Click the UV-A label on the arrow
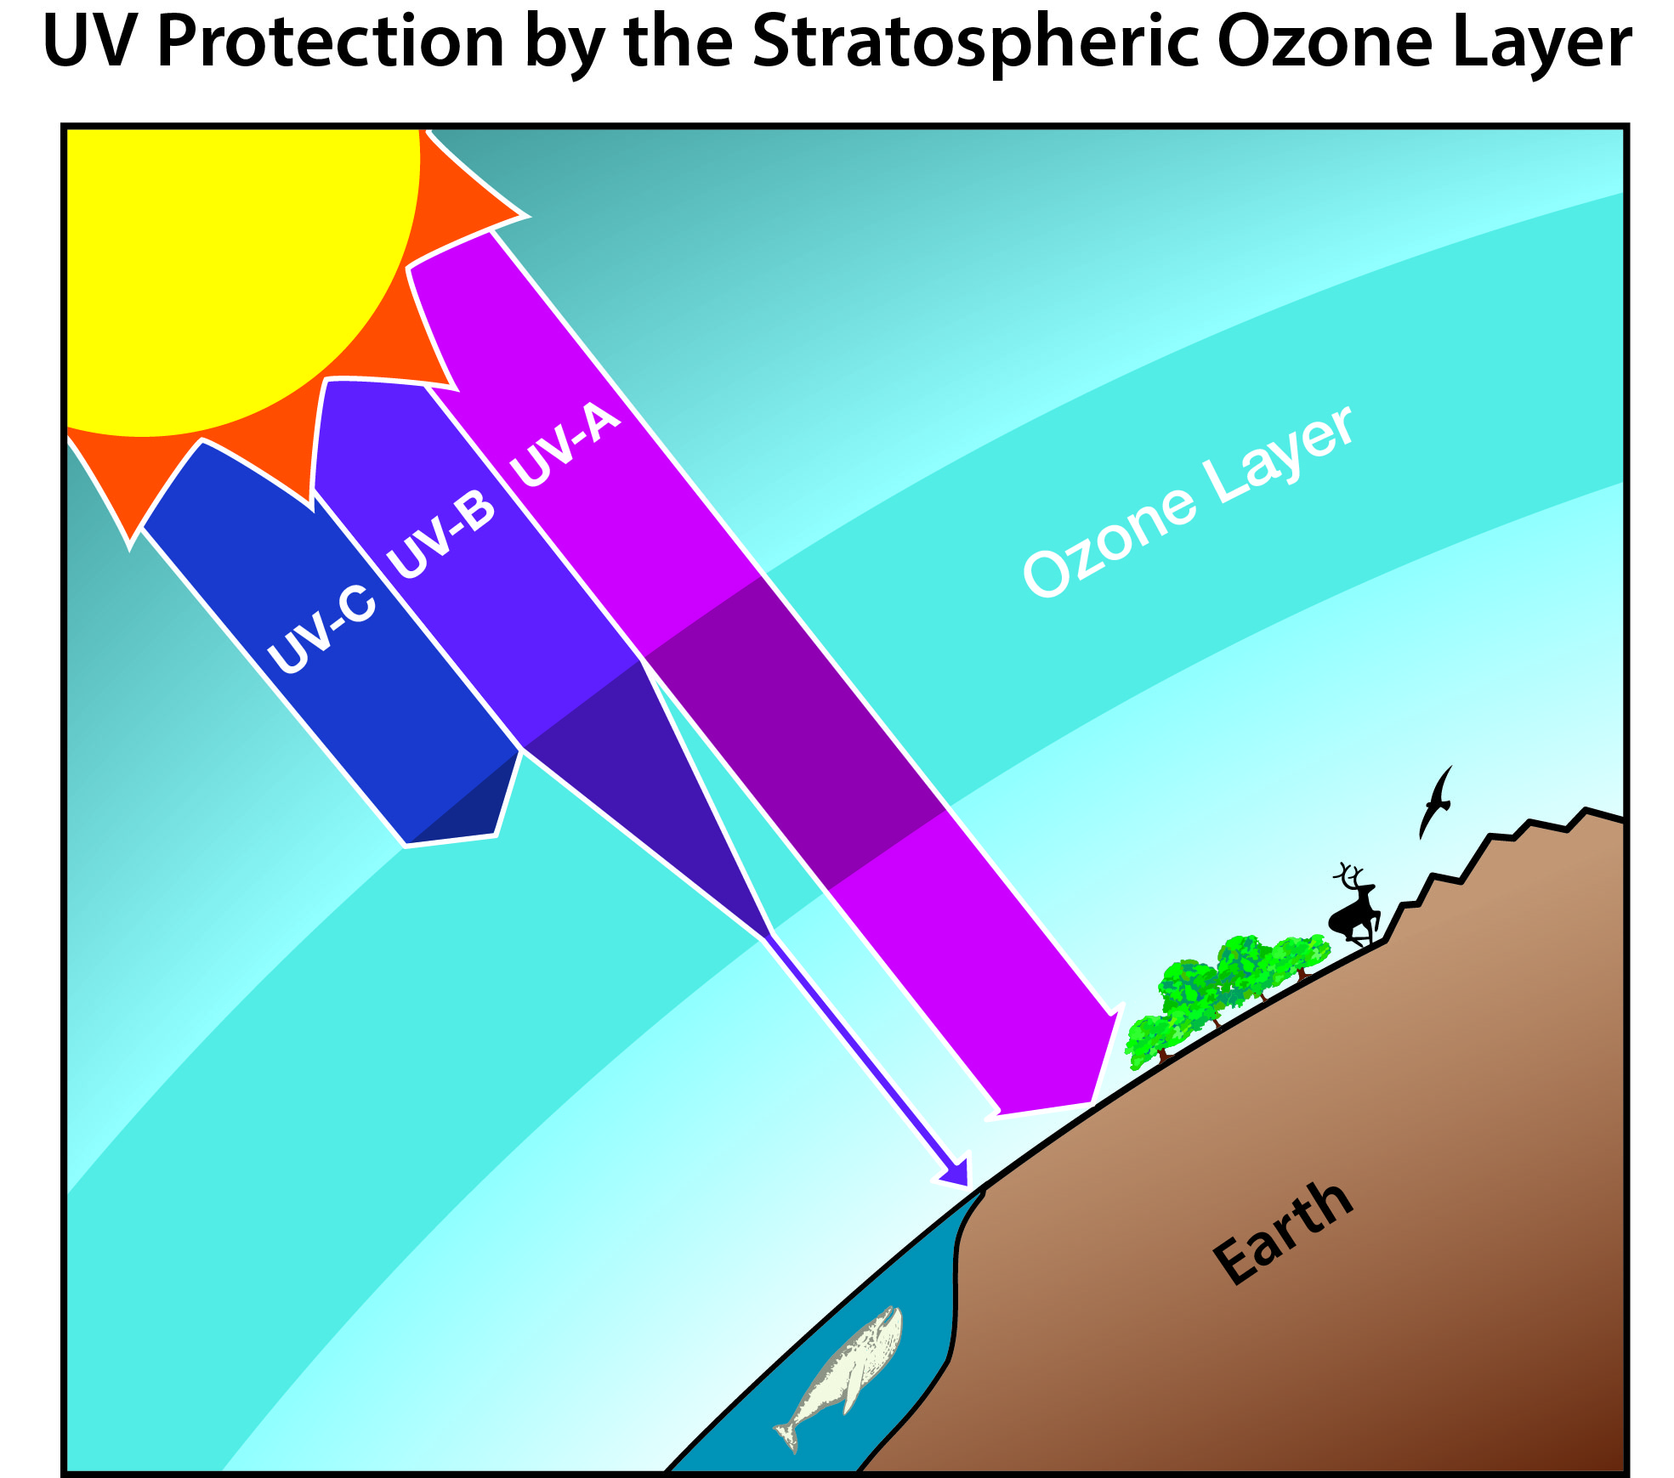[x=565, y=445]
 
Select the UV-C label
[x=321, y=630]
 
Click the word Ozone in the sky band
[x=1109, y=541]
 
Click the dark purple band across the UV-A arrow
[x=795, y=733]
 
